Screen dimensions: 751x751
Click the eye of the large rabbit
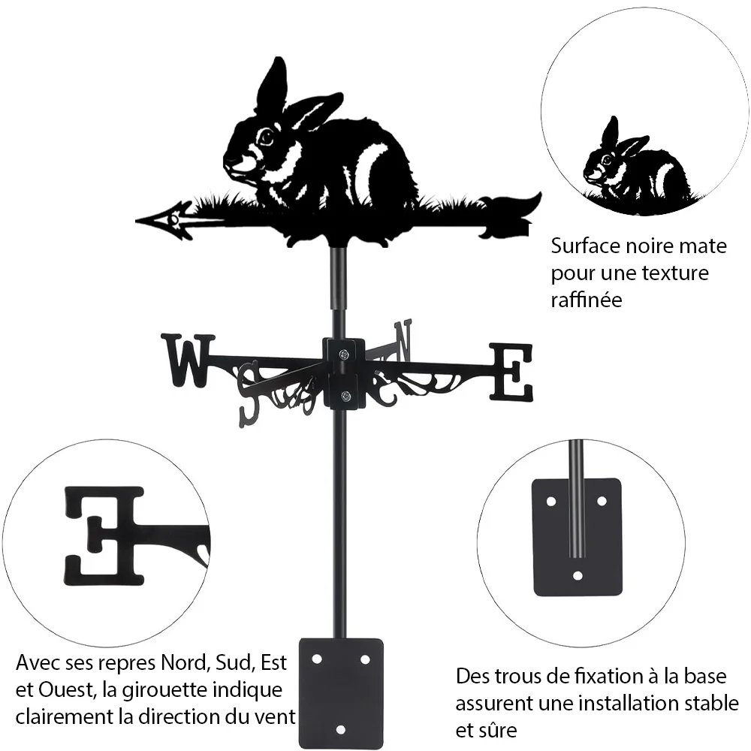tap(267, 137)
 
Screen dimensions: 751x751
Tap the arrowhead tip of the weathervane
tap(136, 221)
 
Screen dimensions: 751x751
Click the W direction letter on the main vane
tap(189, 360)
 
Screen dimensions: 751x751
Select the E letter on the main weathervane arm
tap(511, 372)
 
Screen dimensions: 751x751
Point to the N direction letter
tap(403, 340)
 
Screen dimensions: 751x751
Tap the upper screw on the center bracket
tap(343, 355)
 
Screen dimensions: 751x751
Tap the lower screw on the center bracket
tap(345, 396)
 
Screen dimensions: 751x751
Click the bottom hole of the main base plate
tap(340, 730)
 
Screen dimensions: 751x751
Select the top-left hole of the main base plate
tap(317, 659)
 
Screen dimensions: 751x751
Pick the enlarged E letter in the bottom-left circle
tap(104, 536)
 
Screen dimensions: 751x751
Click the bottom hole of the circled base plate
tap(578, 575)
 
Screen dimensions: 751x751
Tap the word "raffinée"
tap(587, 300)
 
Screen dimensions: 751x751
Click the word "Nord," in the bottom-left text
tap(185, 663)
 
